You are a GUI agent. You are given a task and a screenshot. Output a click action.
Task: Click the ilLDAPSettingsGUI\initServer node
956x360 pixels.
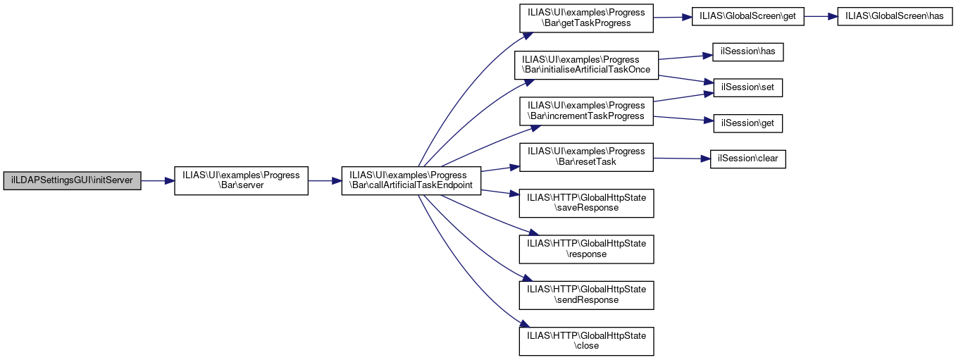72,181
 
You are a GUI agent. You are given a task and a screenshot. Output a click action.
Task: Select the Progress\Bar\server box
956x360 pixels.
241,181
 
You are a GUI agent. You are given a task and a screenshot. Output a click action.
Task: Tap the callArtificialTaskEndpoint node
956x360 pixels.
411,181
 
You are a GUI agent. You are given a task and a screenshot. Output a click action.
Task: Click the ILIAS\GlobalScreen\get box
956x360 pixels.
747,18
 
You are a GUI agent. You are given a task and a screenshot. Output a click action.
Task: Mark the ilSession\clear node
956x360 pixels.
748,159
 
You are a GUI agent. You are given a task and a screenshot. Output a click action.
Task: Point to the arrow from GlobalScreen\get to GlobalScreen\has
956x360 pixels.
820,18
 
